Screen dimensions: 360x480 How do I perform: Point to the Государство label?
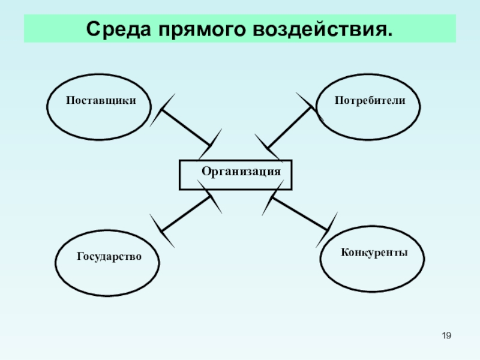coord(109,257)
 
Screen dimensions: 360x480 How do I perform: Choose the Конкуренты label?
coord(374,253)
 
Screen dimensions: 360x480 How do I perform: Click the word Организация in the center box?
coord(241,172)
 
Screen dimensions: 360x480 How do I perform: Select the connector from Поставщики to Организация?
coord(186,128)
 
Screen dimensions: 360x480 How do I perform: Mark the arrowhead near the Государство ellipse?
coord(162,231)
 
